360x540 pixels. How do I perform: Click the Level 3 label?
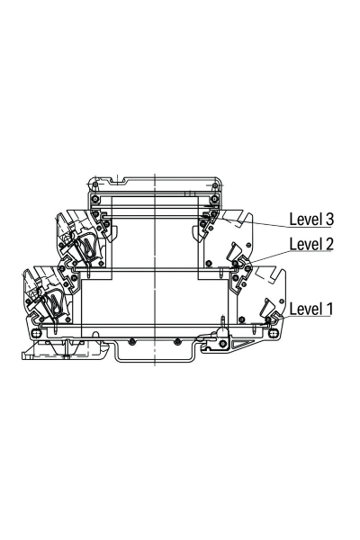[311, 220]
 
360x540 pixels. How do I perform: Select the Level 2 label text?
[311, 244]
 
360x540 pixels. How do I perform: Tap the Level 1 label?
[311, 309]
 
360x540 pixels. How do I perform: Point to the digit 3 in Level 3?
[329, 220]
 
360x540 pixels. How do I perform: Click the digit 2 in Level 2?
[329, 244]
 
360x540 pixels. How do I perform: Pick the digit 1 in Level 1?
[329, 309]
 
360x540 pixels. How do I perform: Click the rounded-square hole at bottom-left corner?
[36, 333]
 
